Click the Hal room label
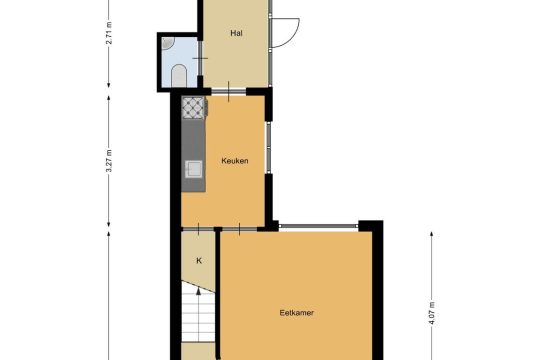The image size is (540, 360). [236, 33]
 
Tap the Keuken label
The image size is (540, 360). [235, 161]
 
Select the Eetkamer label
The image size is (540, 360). [297, 313]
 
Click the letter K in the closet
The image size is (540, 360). [199, 261]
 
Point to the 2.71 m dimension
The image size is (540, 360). [109, 33]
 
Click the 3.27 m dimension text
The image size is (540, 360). [109, 161]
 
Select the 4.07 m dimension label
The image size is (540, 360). [432, 313]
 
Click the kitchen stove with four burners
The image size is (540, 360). [193, 108]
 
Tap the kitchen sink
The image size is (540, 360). [194, 169]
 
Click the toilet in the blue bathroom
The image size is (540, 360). [179, 75]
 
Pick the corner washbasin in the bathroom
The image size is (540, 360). [167, 43]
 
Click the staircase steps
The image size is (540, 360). [198, 312]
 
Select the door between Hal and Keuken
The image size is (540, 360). [229, 91]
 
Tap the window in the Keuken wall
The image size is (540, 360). [268, 147]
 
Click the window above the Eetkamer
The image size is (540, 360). [319, 226]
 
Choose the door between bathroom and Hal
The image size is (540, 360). [200, 58]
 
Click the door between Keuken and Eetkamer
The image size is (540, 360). [240, 229]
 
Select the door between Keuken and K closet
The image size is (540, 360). [198, 229]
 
